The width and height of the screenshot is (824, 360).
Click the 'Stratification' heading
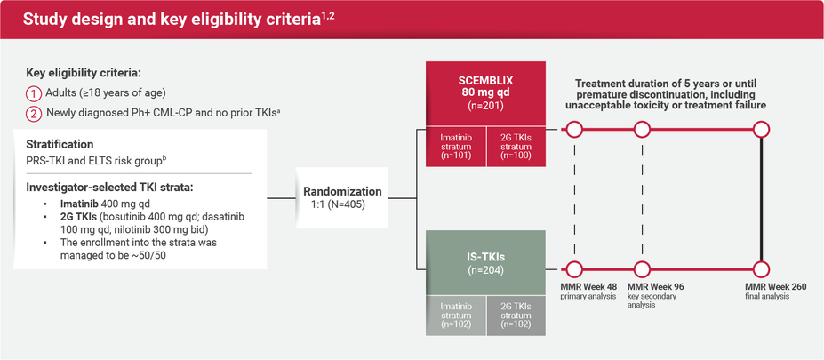60,144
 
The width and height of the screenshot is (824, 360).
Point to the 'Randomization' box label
342,191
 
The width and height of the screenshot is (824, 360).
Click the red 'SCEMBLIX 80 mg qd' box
485,89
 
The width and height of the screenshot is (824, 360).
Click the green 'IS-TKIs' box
485,260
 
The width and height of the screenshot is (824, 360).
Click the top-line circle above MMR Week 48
574,131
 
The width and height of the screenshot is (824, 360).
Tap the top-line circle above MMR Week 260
760,131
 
